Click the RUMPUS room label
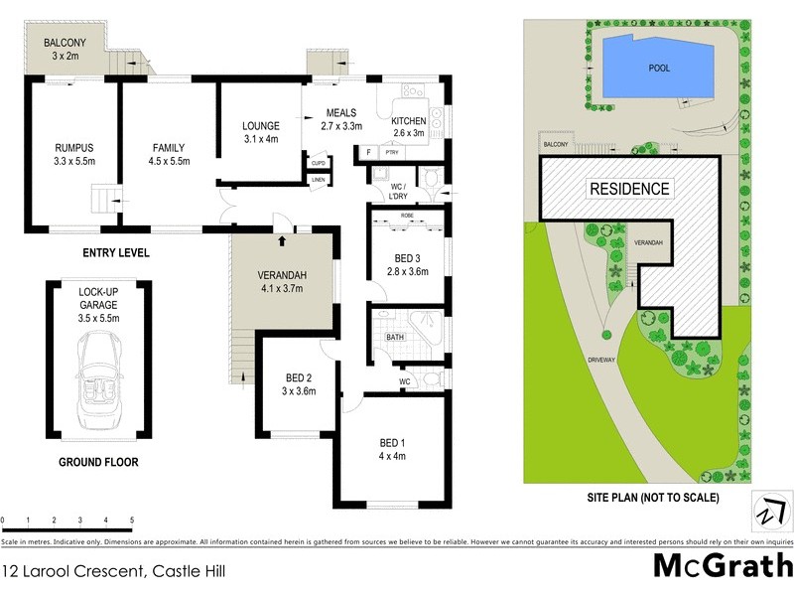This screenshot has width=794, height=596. (x=73, y=148)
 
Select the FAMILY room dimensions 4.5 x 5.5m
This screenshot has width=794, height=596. (x=167, y=161)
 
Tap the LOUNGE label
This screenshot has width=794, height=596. (x=260, y=126)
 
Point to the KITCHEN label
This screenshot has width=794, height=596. (x=408, y=121)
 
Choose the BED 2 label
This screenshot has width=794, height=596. (x=300, y=378)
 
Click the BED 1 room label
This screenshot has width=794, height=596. (x=393, y=443)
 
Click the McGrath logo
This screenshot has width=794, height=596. (x=722, y=567)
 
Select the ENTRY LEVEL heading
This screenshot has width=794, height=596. (x=117, y=253)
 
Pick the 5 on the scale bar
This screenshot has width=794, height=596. (x=131, y=521)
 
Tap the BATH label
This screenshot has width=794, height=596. (x=394, y=337)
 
